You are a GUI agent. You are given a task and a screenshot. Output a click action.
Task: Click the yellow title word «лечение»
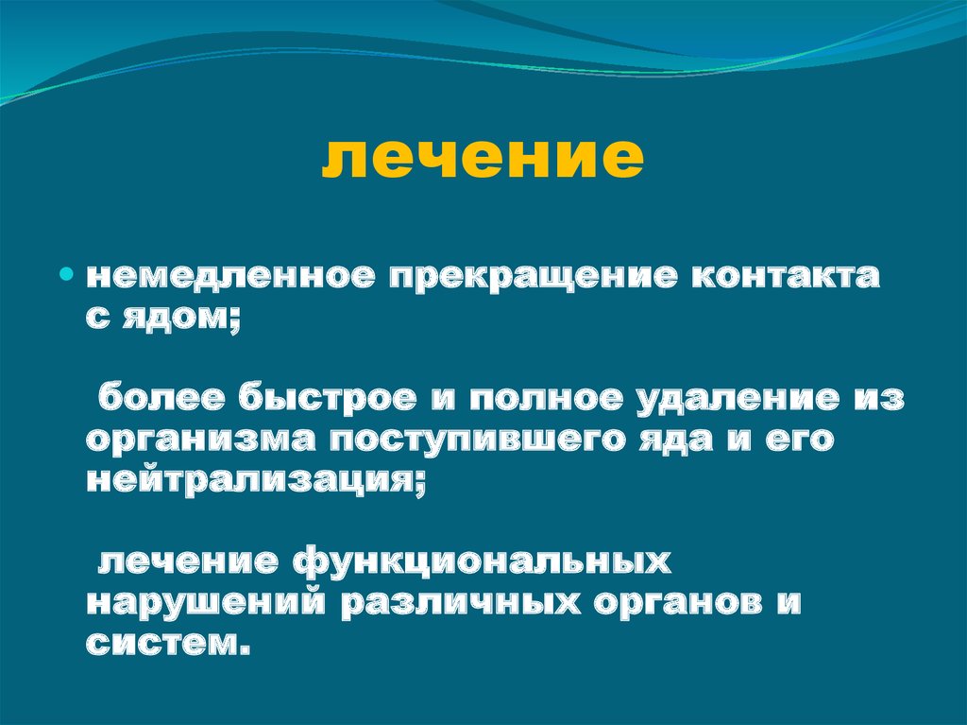483,157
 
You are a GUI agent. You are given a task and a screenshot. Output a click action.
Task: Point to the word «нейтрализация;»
256,483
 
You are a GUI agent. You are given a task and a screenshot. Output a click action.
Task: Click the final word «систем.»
170,646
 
